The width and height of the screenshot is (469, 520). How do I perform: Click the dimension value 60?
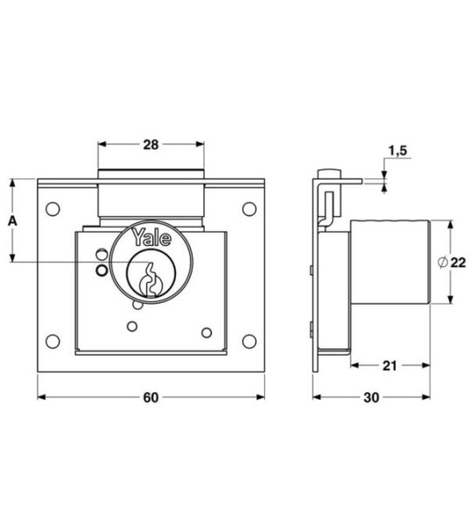tap(150, 397)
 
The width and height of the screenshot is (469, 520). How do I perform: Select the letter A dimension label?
tap(12, 221)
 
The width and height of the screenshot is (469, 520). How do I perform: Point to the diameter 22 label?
tap(451, 262)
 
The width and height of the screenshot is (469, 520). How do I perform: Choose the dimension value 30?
tap(371, 397)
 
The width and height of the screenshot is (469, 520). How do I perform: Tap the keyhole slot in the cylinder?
tap(150, 276)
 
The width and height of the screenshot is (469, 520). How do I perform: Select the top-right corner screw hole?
tap(248, 208)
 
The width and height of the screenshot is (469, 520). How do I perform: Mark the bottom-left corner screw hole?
tap(52, 340)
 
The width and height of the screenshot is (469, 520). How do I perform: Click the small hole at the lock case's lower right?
tap(207, 332)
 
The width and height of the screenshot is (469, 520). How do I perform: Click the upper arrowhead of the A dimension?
tap(12, 184)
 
